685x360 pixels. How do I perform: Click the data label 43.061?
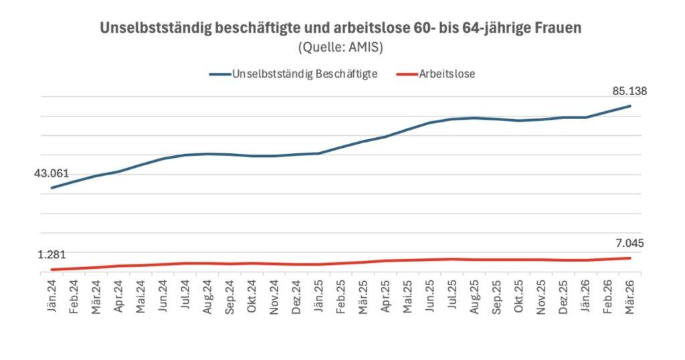pos(52,173)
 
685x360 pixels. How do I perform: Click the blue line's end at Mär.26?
pos(629,106)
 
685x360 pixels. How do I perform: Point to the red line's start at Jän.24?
pos(52,270)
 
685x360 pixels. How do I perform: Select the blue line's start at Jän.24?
pos(52,188)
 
